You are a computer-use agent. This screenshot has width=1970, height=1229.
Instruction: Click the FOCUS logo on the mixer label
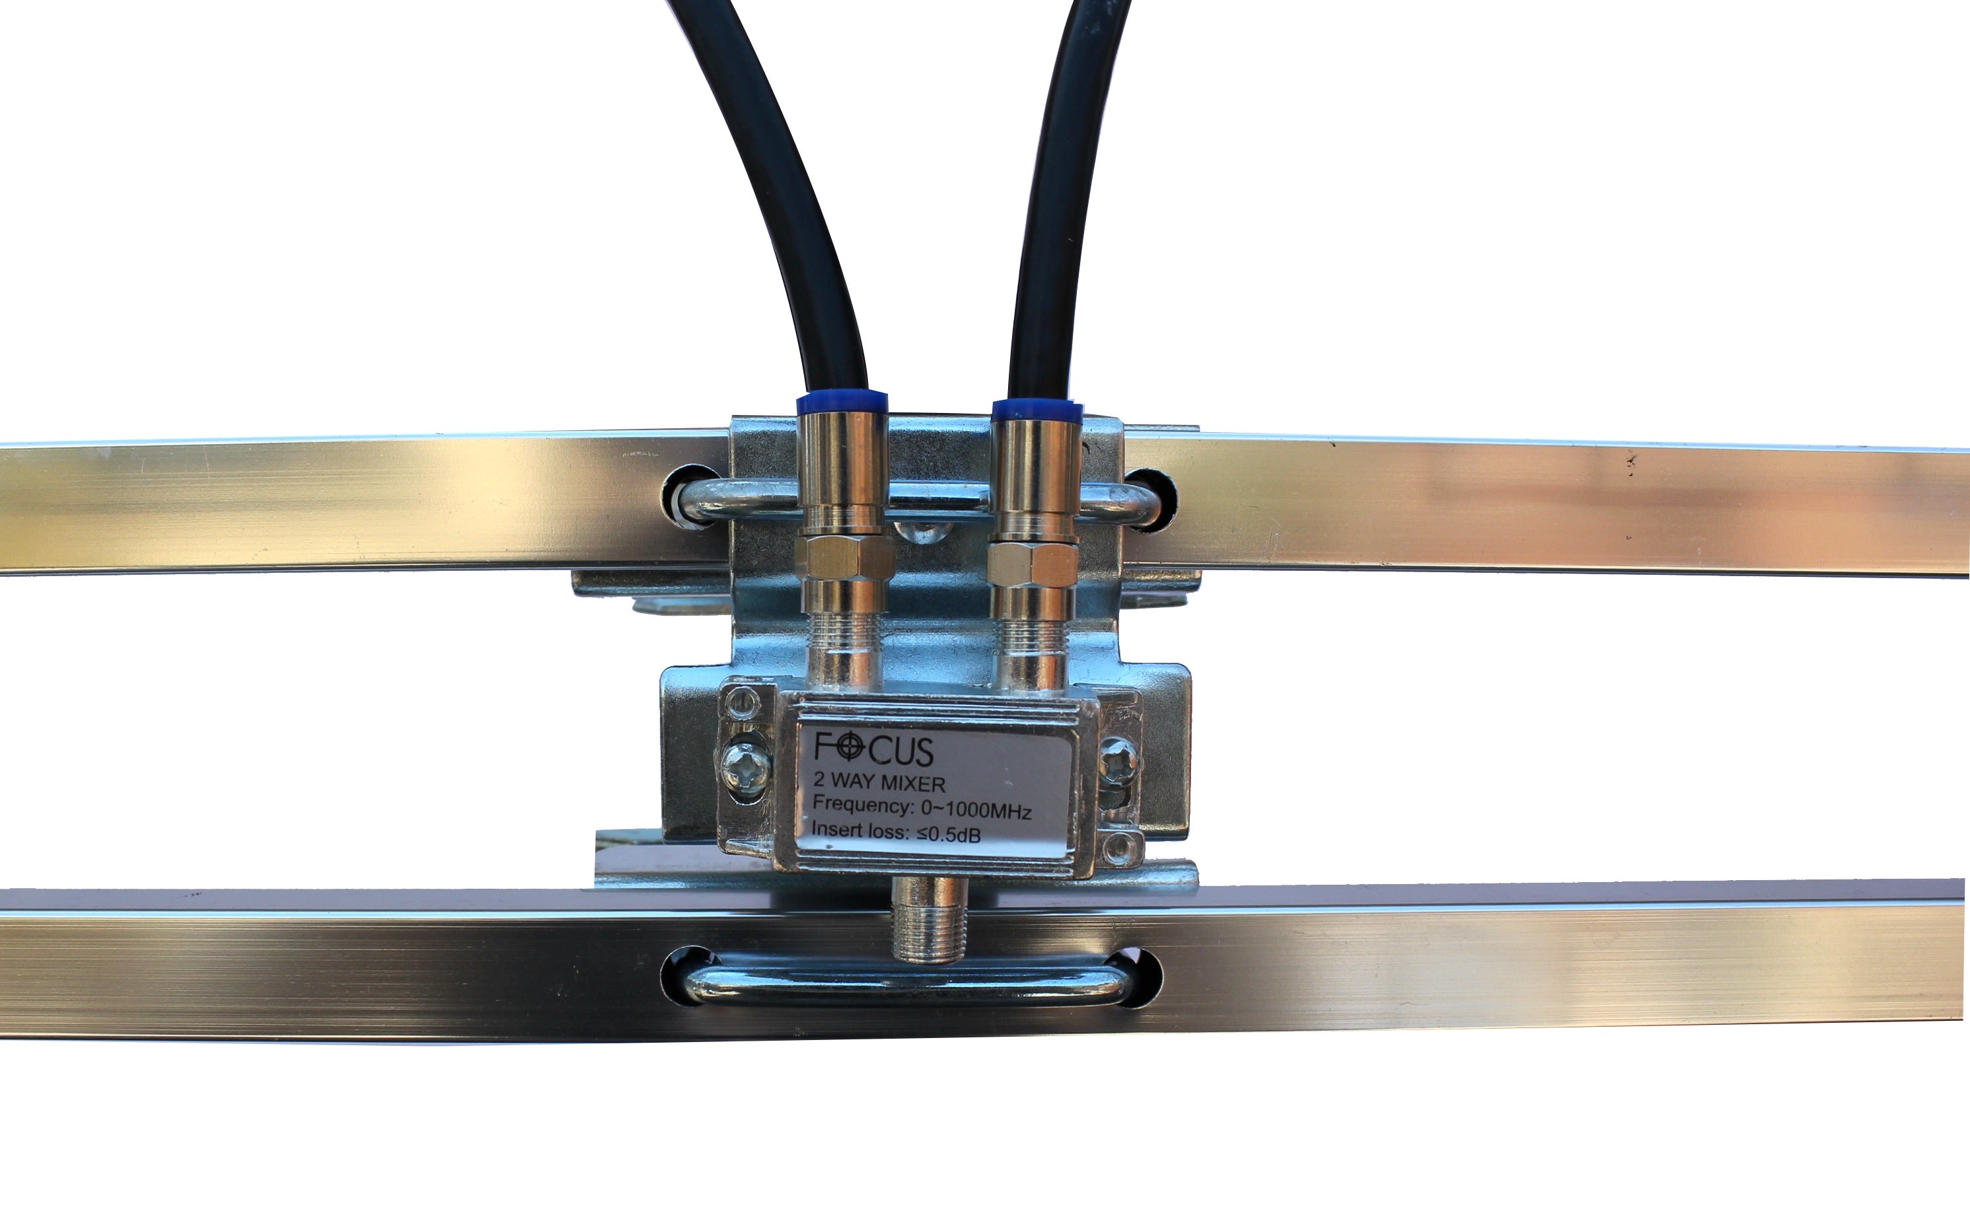873,749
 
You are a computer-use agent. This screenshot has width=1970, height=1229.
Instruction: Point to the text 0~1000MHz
975,810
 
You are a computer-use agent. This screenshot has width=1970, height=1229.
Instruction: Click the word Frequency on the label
863,805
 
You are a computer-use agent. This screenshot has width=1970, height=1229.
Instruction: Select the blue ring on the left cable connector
841,403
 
